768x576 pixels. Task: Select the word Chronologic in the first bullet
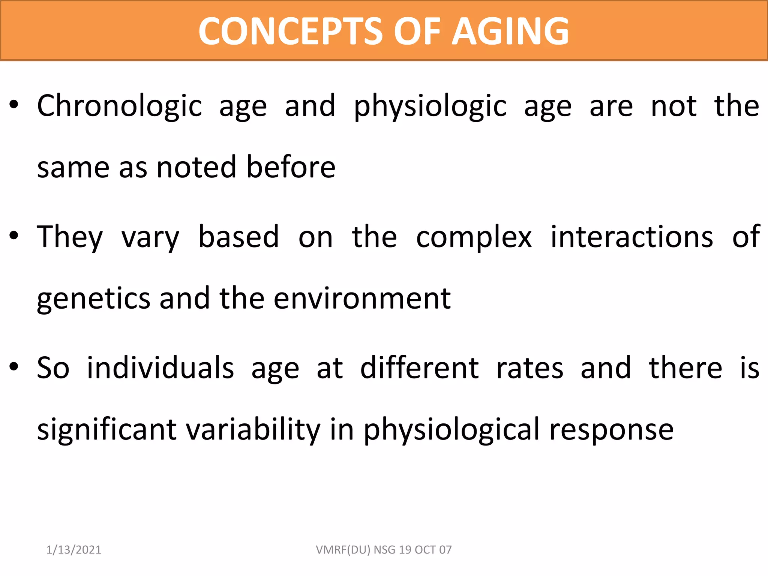coord(120,106)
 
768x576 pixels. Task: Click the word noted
coord(197,168)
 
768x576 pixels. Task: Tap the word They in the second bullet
coord(70,237)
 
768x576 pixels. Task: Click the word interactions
coord(631,237)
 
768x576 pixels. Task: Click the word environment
coord(362,299)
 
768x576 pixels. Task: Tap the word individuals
coord(160,368)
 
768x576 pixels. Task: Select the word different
coord(419,368)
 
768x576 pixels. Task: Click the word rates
coord(529,369)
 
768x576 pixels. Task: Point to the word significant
coord(107,429)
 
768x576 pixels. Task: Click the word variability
coord(253,429)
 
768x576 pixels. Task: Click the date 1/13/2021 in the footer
coord(74,550)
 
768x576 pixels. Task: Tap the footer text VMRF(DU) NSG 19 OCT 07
coord(384,550)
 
